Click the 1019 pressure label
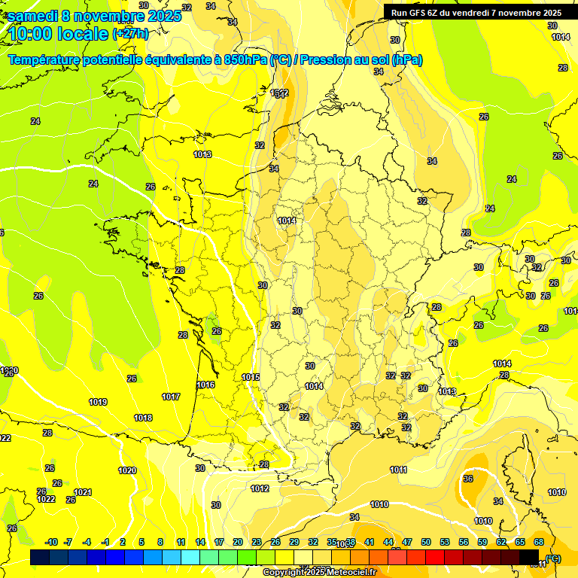point(98,402)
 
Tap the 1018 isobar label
point(143,418)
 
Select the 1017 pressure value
point(171,397)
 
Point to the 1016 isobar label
point(205,385)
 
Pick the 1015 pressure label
point(251,377)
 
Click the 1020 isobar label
point(127,470)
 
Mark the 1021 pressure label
point(83,492)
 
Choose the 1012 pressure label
point(260,488)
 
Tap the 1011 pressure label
point(399,470)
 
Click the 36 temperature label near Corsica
point(468,479)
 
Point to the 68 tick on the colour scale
point(539,542)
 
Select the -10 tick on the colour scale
point(52,542)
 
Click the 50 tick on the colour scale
point(426,542)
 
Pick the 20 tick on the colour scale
point(238,542)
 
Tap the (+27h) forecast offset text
point(130,34)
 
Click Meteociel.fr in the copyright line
point(348,572)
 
